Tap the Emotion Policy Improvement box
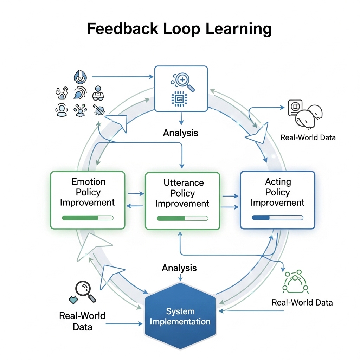[88, 200]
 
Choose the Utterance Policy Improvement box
[182, 200]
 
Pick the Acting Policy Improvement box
[277, 200]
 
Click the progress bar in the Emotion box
[88, 218]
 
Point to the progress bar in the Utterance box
[182, 218]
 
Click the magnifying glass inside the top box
[184, 82]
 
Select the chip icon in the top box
[180, 99]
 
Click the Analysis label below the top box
[181, 133]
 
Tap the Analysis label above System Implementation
[179, 268]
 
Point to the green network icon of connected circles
[295, 281]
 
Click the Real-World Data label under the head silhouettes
[308, 137]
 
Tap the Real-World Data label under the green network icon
[302, 302]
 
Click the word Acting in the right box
[278, 182]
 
